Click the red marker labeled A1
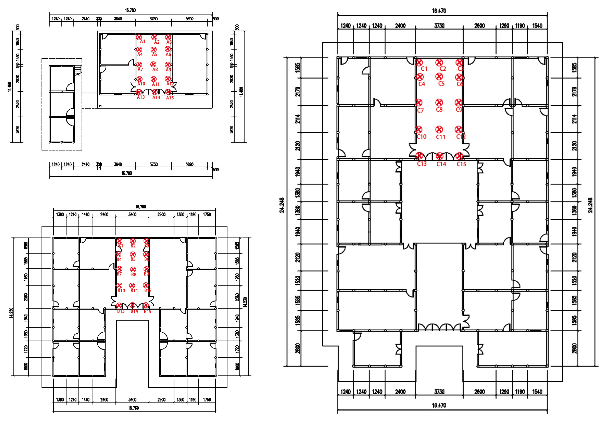(x=139, y=37)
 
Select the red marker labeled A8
(x=153, y=64)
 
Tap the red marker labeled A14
(x=155, y=92)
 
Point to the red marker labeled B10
(x=119, y=285)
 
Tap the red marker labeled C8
(x=439, y=103)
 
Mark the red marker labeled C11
(x=439, y=130)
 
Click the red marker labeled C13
(x=419, y=156)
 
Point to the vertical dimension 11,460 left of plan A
(x=9, y=87)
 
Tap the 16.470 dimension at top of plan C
(x=439, y=11)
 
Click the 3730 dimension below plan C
(x=439, y=392)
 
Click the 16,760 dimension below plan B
(x=133, y=408)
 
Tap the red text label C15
(x=461, y=164)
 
